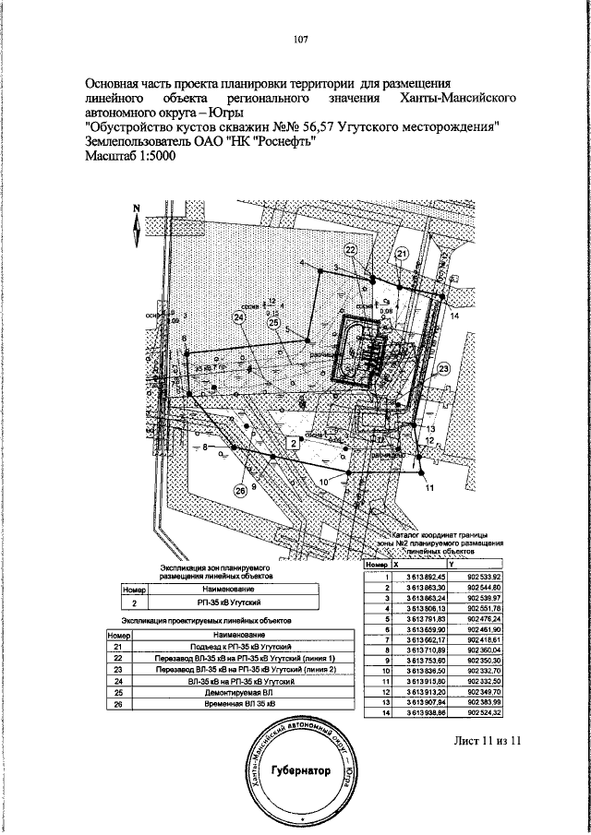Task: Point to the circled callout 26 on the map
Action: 242,492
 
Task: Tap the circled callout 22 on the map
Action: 351,250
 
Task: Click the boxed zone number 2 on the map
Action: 294,444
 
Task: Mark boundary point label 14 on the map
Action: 454,315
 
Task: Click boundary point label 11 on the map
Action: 428,490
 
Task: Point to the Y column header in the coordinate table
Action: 451,564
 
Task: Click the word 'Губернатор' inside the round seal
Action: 299,772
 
